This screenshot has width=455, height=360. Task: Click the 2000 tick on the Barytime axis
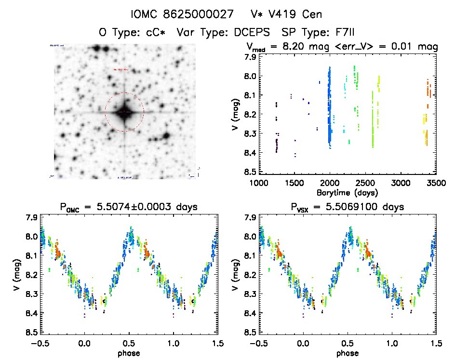pyautogui.click(x=329, y=184)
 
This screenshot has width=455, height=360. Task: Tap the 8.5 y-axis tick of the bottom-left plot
pyautogui.click(x=31, y=332)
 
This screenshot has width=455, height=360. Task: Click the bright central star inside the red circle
pyautogui.click(x=124, y=112)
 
